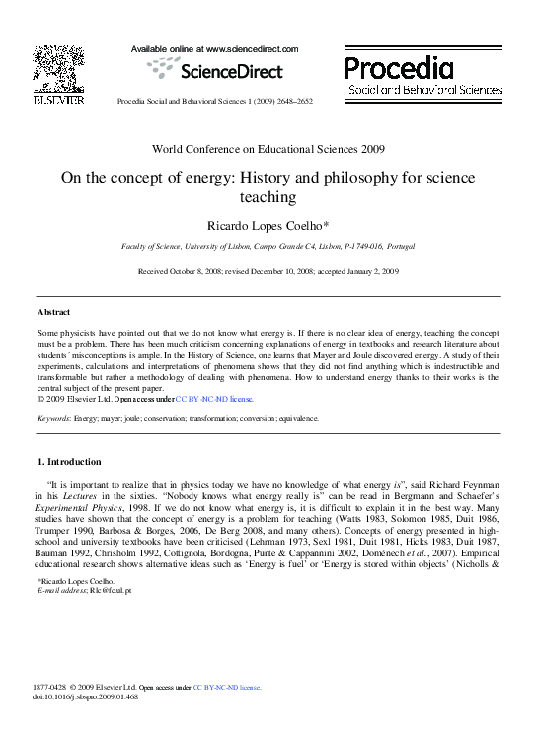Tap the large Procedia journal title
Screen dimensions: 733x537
click(399, 67)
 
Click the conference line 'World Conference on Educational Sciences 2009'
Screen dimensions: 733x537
click(268, 149)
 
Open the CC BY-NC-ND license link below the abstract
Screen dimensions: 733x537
click(214, 399)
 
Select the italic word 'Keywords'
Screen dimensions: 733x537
click(54, 418)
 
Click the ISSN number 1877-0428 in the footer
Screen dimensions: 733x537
click(52, 686)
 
